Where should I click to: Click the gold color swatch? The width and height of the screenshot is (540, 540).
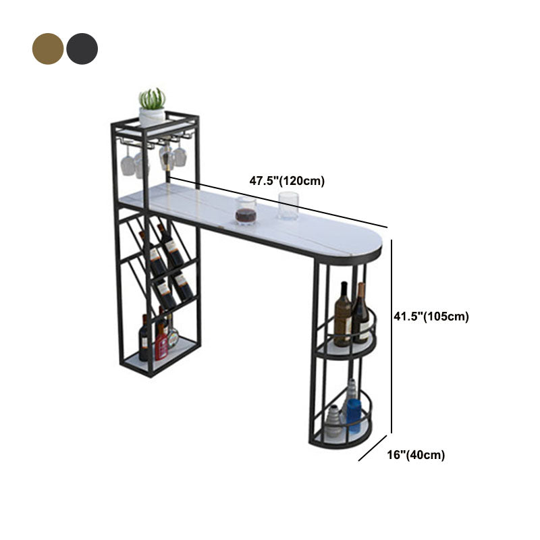pyautogui.click(x=47, y=49)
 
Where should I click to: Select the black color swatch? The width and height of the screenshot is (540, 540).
pyautogui.click(x=82, y=49)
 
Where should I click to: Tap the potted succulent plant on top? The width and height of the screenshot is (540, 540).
pyautogui.click(x=152, y=107)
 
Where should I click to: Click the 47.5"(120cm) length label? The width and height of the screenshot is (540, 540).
pyautogui.click(x=287, y=181)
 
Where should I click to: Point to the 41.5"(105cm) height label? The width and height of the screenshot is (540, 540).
pyautogui.click(x=431, y=316)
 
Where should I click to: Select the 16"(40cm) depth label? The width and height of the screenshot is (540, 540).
pyautogui.click(x=416, y=455)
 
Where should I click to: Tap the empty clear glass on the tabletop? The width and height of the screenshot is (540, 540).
pyautogui.click(x=288, y=206)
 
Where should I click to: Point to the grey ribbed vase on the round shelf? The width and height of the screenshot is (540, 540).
pyautogui.click(x=333, y=421)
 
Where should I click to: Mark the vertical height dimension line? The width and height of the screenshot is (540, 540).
pyautogui.click(x=391, y=336)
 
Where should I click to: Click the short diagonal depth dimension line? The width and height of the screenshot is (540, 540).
pyautogui.click(x=373, y=448)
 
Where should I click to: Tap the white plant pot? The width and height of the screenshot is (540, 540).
pyautogui.click(x=152, y=117)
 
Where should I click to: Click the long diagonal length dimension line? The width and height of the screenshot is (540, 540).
pyautogui.click(x=279, y=202)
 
